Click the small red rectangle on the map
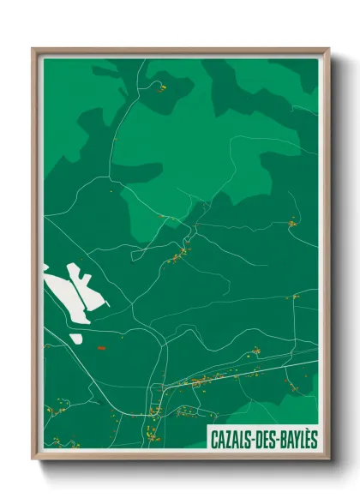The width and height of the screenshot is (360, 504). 100,348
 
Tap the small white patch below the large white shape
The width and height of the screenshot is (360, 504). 76,339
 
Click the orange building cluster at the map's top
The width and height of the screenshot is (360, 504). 159,87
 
